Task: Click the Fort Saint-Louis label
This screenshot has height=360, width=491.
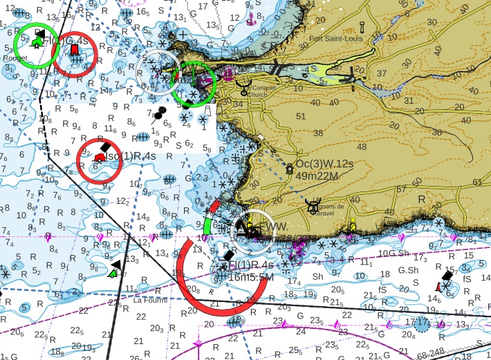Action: tap(337, 39)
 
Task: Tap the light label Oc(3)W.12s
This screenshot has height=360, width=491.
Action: tap(324, 164)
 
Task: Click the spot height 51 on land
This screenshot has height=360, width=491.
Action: tap(300, 116)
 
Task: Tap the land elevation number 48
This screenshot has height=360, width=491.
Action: tap(361, 147)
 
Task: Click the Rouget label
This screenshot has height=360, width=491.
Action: tap(15, 58)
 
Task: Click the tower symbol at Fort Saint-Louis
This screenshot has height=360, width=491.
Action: tap(362, 28)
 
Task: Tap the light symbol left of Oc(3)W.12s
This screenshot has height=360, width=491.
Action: tap(288, 169)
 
